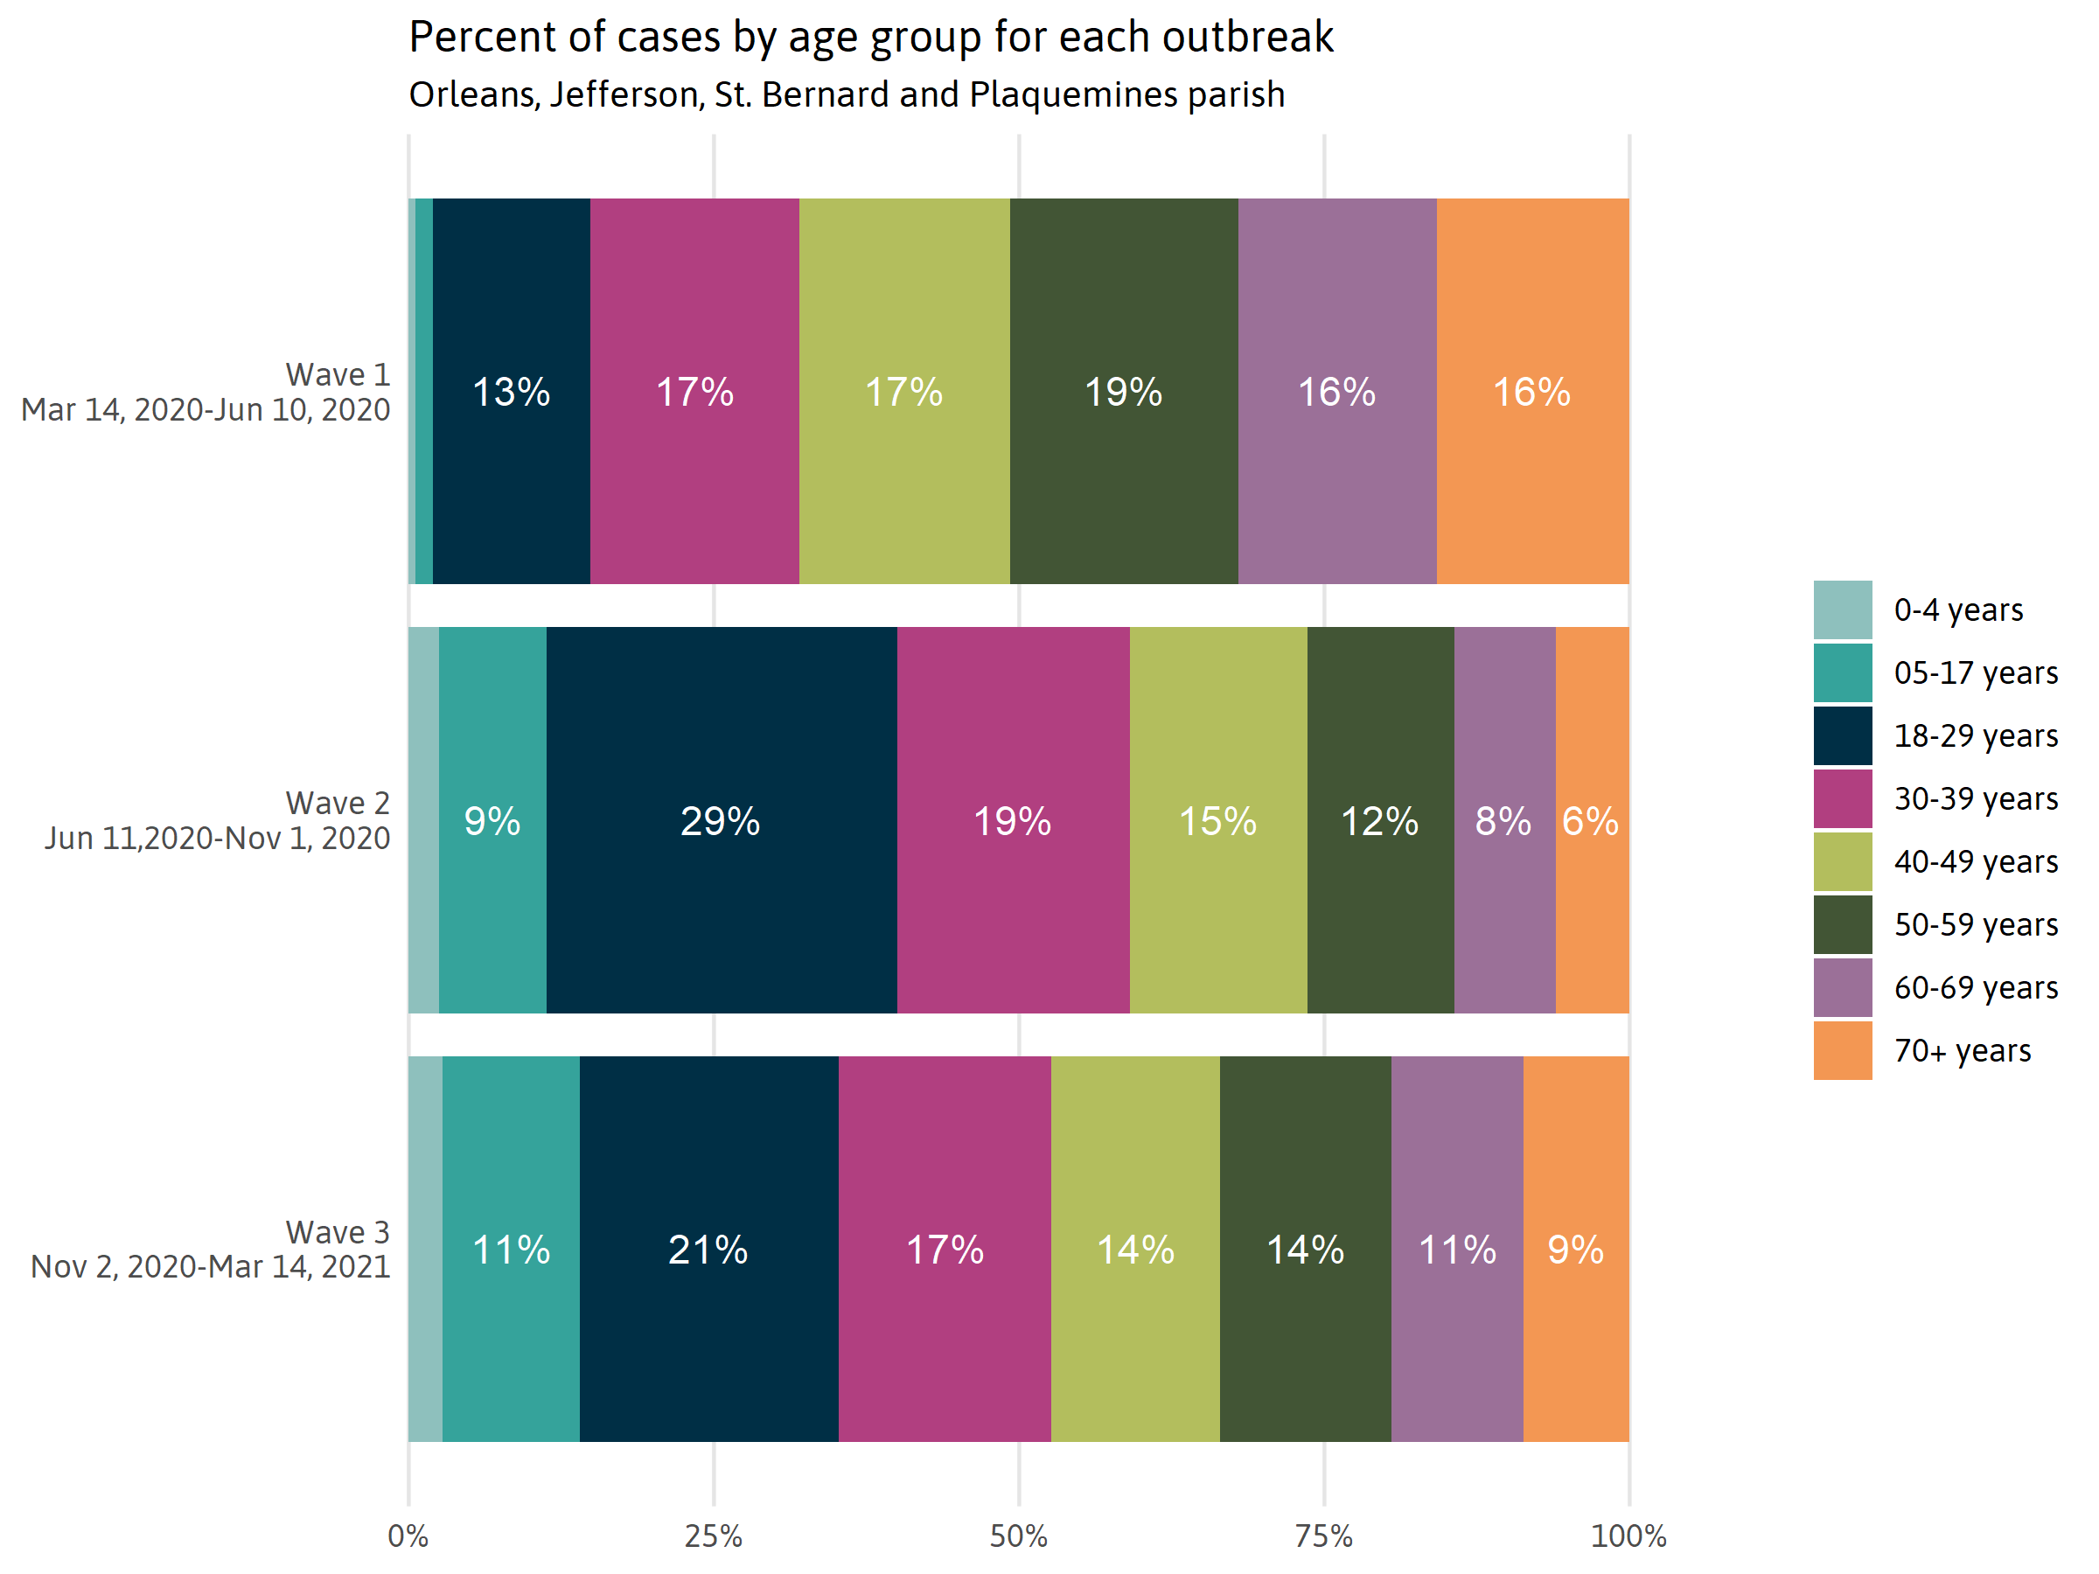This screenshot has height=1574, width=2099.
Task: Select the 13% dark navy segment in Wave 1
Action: tap(511, 391)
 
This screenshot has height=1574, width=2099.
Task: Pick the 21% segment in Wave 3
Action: tap(708, 1249)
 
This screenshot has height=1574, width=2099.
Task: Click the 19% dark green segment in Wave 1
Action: tap(1124, 391)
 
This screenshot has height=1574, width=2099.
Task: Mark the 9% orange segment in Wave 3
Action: tap(1575, 1249)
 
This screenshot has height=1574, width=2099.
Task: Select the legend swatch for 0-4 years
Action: tap(1842, 609)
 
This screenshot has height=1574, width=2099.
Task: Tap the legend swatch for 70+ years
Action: tap(1842, 1050)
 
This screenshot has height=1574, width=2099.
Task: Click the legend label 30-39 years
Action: tap(1976, 799)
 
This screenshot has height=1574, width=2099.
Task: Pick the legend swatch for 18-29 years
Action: tap(1842, 735)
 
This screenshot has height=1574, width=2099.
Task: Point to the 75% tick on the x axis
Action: tap(1324, 1536)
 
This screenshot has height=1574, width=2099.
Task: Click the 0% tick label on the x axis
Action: tap(408, 1536)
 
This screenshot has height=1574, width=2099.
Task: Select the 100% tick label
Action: tap(1628, 1536)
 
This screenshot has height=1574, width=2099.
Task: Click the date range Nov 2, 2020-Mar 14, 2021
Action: tap(211, 1266)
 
